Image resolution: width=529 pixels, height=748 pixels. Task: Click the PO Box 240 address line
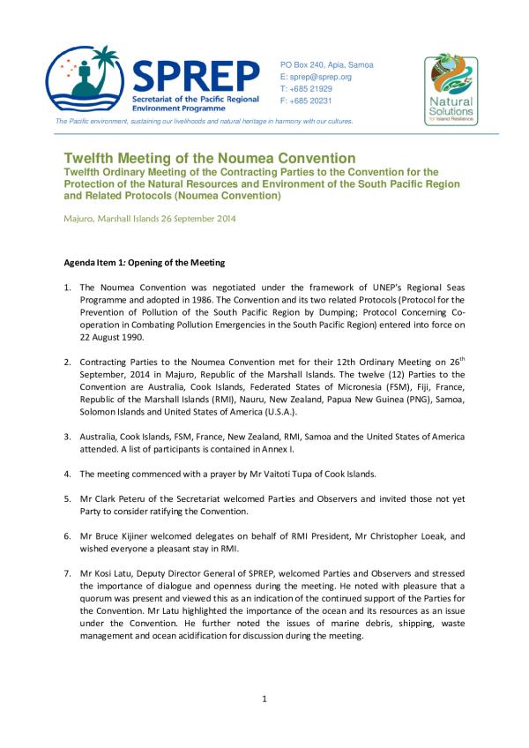[326, 65]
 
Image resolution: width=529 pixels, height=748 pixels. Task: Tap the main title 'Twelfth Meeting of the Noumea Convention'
[209, 158]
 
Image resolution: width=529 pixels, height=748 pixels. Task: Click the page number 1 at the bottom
[264, 699]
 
